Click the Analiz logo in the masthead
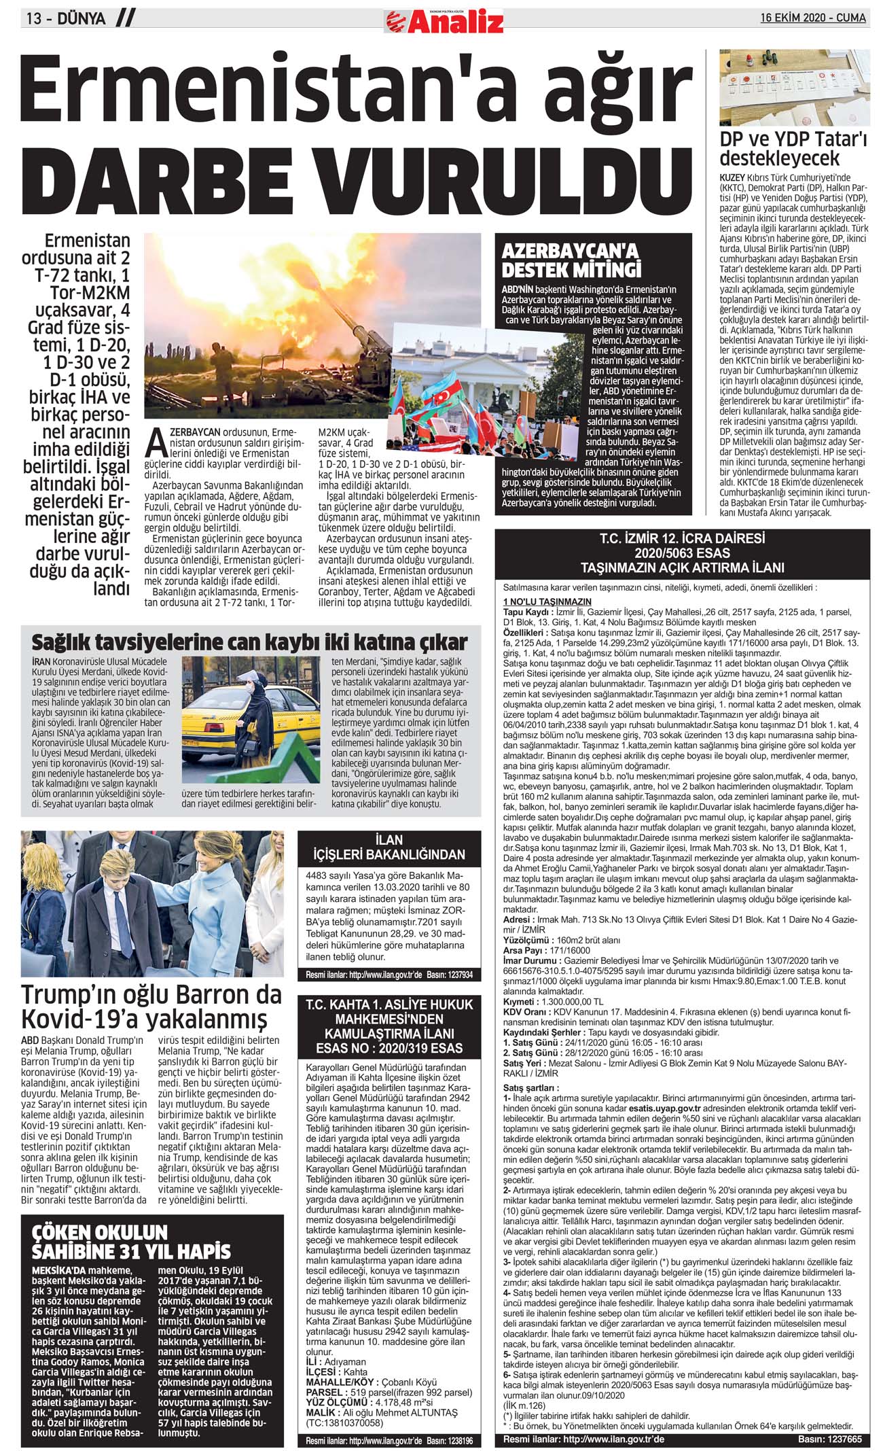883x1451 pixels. coord(445,22)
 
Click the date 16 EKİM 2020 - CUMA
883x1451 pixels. coord(813,18)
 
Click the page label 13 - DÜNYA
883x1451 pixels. coord(67,18)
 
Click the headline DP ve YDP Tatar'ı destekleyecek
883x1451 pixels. coord(793,149)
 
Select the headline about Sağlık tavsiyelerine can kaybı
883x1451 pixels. coord(250,642)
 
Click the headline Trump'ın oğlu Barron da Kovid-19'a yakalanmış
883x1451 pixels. coord(151,1007)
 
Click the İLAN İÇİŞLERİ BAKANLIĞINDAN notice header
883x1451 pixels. coord(389,847)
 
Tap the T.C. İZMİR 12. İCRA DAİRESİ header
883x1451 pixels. coord(682,553)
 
